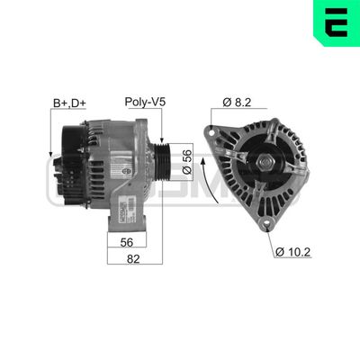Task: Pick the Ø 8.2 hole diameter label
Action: (x=238, y=103)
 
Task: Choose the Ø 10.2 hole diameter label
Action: (x=293, y=251)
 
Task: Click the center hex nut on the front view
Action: (x=268, y=163)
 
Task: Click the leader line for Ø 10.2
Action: (x=274, y=237)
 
